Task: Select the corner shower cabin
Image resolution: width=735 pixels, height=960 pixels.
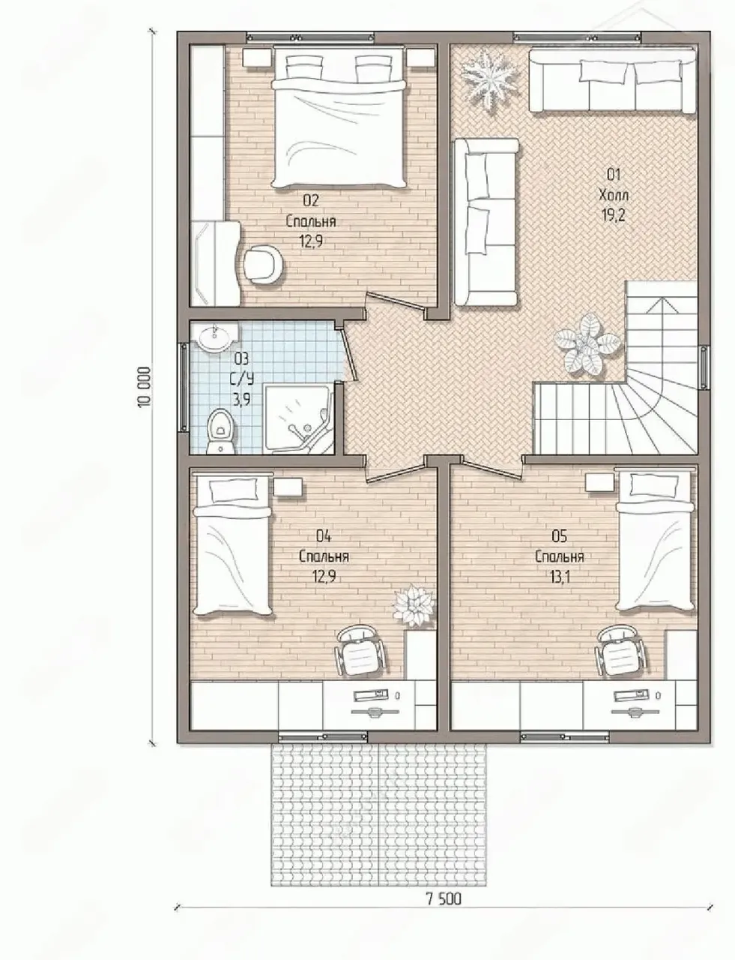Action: click(x=298, y=418)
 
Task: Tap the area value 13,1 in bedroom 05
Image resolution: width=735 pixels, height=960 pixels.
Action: click(x=560, y=577)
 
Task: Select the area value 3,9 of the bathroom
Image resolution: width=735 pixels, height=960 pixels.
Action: click(x=241, y=399)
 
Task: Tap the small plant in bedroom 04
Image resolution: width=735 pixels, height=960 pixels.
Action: click(x=414, y=606)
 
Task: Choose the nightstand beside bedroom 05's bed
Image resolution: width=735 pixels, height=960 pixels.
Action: click(x=600, y=482)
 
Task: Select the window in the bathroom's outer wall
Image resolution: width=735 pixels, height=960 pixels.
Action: click(x=183, y=387)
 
